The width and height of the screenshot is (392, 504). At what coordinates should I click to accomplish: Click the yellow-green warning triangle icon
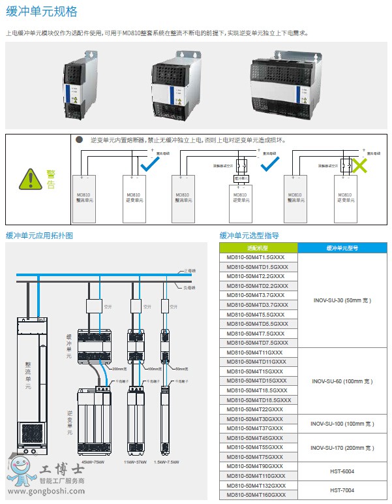29,178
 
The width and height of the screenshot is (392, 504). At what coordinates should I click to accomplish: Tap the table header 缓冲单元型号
342,248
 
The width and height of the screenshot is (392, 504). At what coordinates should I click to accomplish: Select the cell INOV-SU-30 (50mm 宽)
342,300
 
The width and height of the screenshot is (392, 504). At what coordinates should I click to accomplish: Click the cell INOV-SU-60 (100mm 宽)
342,381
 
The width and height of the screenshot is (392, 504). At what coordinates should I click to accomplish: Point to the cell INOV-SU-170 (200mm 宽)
342,448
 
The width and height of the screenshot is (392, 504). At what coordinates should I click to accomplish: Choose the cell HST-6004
342,471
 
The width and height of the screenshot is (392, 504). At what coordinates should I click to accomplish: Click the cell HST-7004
342,490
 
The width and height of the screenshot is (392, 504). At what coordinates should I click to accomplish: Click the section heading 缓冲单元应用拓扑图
39,236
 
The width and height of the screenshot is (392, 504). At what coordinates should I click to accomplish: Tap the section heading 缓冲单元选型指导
249,236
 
